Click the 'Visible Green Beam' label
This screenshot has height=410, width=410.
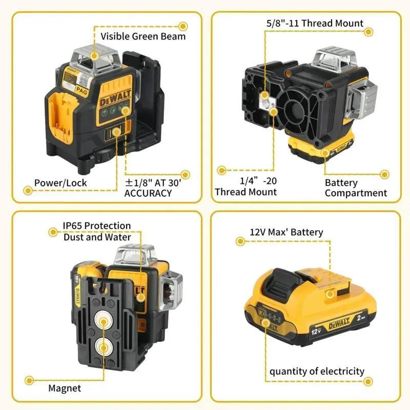(143, 36)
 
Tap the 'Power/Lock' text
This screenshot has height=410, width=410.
(60, 182)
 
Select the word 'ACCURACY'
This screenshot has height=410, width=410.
(148, 193)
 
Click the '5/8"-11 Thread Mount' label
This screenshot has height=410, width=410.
(315, 23)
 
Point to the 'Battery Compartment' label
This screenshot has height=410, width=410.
(356, 188)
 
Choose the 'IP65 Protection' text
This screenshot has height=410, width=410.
(97, 225)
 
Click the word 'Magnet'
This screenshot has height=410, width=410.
(65, 388)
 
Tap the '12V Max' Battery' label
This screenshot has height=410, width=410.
(286, 232)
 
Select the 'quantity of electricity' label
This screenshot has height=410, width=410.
(317, 371)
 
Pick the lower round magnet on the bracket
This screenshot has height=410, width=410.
(105, 348)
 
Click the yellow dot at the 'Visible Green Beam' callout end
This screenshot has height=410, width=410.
(182, 25)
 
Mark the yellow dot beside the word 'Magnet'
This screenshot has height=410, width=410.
(29, 380)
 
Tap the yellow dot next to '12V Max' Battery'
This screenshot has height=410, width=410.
(239, 240)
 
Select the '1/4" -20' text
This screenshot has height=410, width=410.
(258, 181)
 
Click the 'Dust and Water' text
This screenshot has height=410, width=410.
(97, 237)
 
